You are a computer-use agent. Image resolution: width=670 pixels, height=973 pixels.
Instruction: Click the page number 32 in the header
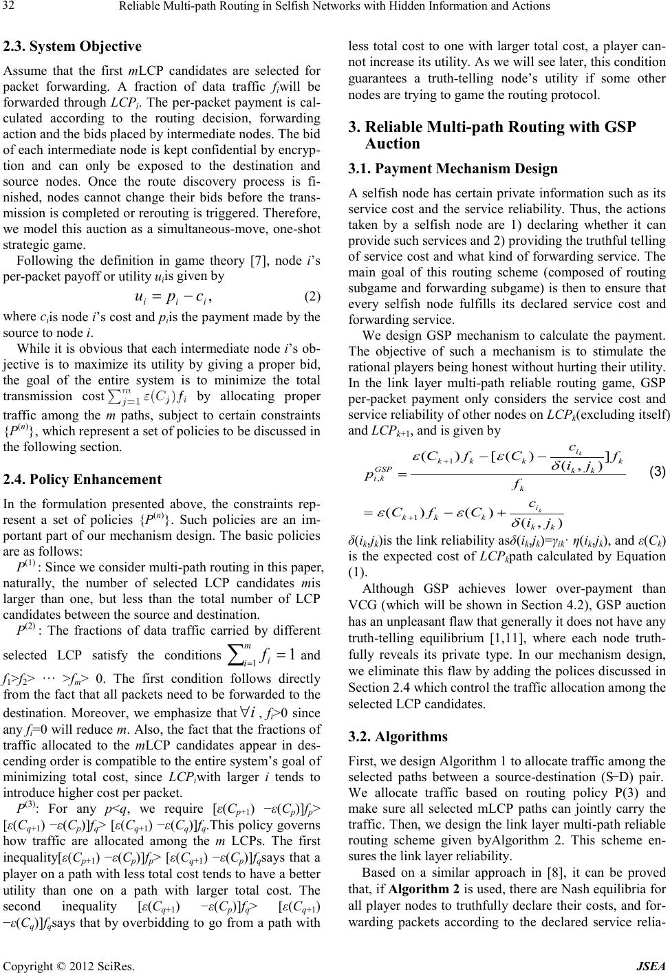(12, 7)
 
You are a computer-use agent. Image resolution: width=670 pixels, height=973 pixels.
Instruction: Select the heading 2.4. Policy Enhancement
(83, 479)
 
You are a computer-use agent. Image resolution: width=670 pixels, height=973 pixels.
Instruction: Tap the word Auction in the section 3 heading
(392, 143)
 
